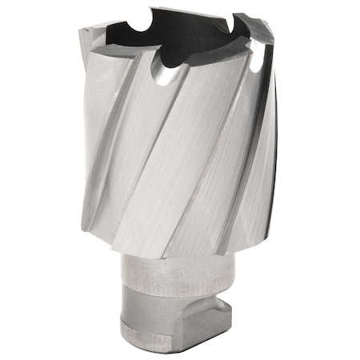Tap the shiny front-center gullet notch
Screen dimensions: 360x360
(x=164, y=75)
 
